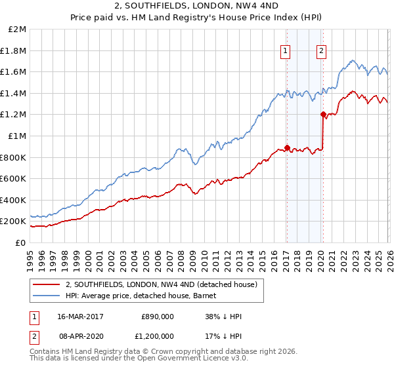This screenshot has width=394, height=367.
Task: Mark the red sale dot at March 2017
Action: coord(287,147)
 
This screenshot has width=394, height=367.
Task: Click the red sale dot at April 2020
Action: coord(322,114)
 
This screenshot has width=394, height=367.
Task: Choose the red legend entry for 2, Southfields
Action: coord(164,284)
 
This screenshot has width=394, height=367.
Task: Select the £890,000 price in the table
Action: coord(158,316)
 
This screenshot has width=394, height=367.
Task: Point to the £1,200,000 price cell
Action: coord(158,336)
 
